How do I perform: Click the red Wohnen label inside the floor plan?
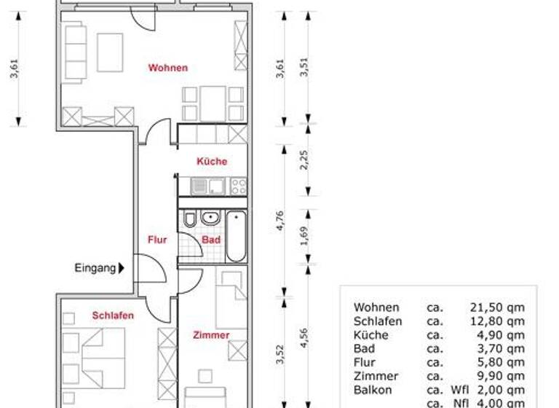(x=168, y=68)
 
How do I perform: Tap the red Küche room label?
(x=212, y=162)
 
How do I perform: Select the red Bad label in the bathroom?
(x=211, y=240)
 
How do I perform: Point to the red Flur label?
(x=158, y=240)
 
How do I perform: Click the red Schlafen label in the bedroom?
(x=113, y=315)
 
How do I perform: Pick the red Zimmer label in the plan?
(x=211, y=335)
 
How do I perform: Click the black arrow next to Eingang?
(x=122, y=268)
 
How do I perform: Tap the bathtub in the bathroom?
(x=236, y=237)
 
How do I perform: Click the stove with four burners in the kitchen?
(x=238, y=187)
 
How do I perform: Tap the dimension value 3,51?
(x=305, y=66)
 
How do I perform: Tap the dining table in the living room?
(x=213, y=103)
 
